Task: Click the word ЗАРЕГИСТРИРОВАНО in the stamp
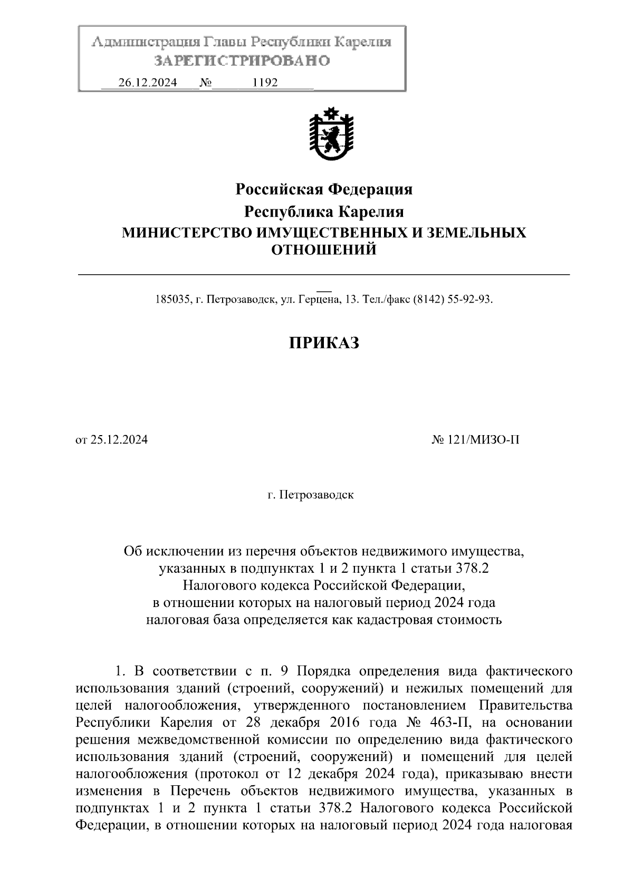(x=242, y=61)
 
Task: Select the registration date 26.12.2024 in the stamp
(x=148, y=83)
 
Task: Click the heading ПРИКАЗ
(x=324, y=343)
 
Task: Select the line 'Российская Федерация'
(x=324, y=189)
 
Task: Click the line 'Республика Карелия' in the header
(x=324, y=212)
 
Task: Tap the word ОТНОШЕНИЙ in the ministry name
(x=324, y=249)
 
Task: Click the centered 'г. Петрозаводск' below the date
(x=310, y=496)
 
